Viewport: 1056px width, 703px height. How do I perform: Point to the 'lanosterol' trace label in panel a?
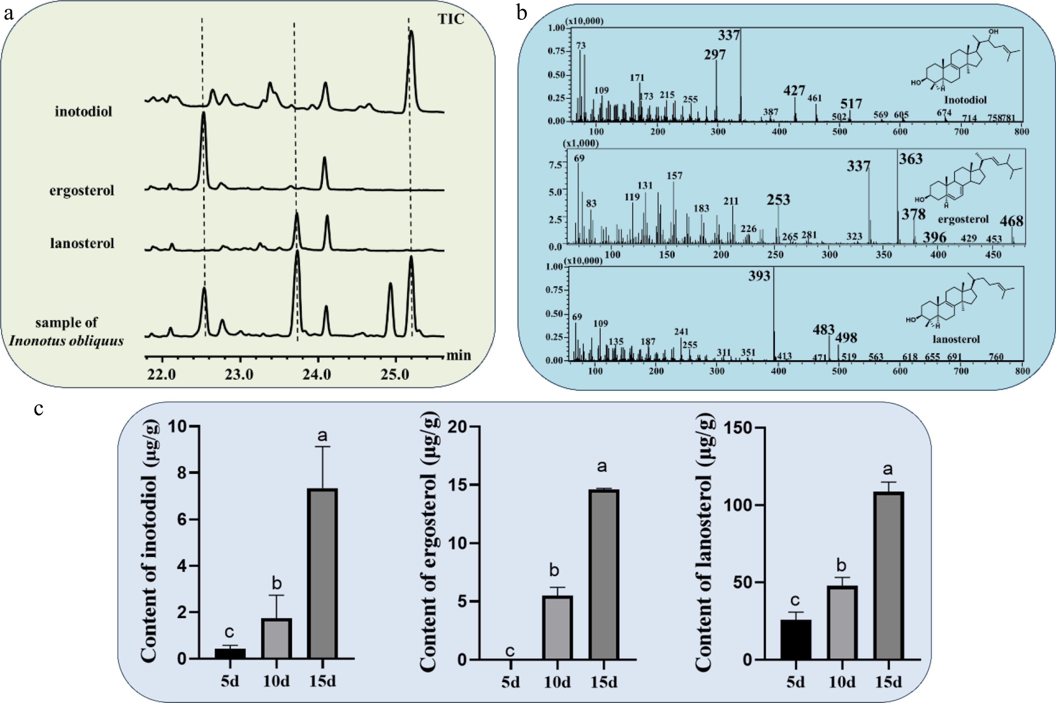pyautogui.click(x=82, y=243)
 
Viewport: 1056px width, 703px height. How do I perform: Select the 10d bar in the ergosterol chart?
pyautogui.click(x=557, y=628)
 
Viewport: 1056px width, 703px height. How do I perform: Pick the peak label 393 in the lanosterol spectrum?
pyautogui.click(x=759, y=276)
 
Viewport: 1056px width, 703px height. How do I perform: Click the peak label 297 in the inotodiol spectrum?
pyautogui.click(x=715, y=55)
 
